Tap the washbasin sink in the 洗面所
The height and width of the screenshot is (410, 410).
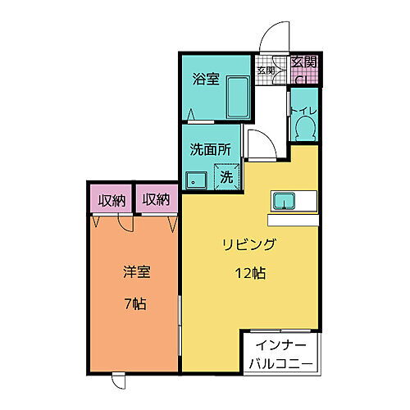[x=196, y=179]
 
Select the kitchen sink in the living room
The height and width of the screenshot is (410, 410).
[x=285, y=200]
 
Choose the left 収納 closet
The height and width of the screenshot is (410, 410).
[x=112, y=199]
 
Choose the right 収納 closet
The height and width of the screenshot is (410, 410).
[x=156, y=199]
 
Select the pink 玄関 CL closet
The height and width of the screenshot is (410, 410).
[x=303, y=69]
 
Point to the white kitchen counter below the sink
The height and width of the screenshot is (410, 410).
[x=292, y=221]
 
